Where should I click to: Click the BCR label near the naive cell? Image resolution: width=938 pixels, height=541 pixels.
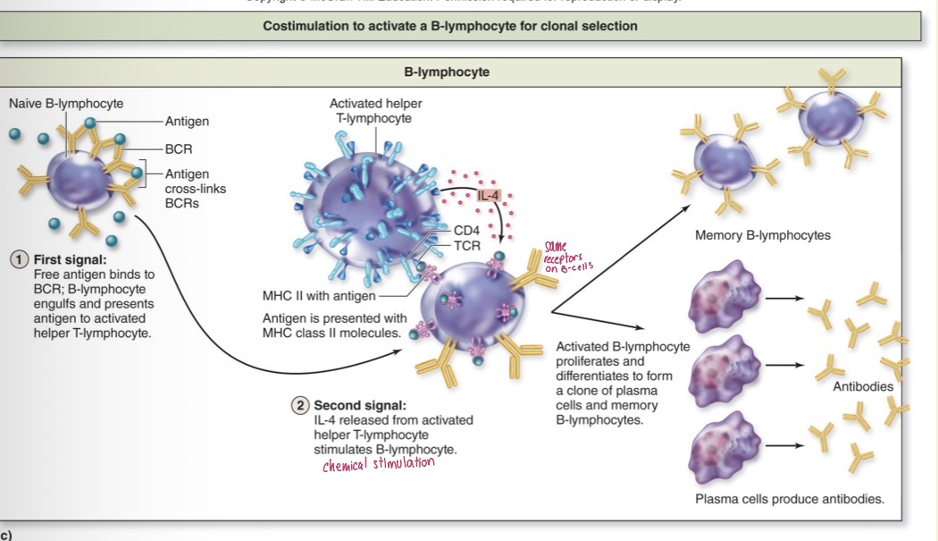[x=179, y=148]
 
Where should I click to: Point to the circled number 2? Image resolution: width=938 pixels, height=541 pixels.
[x=300, y=405]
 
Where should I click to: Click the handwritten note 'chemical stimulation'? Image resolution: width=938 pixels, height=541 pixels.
[x=379, y=462]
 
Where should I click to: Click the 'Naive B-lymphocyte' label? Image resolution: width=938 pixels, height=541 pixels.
[x=66, y=104]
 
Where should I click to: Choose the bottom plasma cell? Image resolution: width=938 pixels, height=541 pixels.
[x=723, y=444]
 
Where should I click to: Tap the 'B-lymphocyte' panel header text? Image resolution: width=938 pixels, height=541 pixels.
[x=447, y=72]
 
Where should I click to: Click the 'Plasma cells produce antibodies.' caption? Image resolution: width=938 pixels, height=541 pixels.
[x=790, y=499]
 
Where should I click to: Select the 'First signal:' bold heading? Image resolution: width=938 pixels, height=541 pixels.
[x=70, y=259]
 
